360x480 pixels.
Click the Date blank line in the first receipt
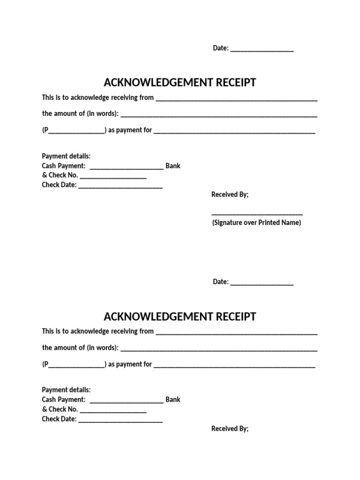tap(262, 49)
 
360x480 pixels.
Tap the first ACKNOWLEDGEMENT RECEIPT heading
tap(180, 83)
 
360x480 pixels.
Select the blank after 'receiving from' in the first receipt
tap(236, 99)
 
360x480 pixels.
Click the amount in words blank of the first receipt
tap(219, 115)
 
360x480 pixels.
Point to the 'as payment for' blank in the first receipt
tap(234, 132)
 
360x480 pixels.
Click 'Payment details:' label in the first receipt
tap(66, 156)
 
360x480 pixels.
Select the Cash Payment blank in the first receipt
tap(126, 167)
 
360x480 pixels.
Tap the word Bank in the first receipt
tap(173, 166)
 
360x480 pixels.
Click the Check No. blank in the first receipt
tap(113, 177)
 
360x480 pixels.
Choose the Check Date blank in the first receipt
tap(120, 187)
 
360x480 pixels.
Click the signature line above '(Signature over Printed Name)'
tap(257, 214)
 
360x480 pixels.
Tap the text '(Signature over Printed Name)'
tap(256, 223)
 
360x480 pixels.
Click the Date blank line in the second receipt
tap(262, 283)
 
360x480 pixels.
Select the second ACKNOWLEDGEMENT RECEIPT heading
tap(180, 317)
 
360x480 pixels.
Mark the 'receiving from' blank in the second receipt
tap(236, 333)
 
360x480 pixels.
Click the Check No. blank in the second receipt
tap(113, 411)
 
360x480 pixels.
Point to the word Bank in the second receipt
tap(173, 400)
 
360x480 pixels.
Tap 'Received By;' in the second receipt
tap(230, 428)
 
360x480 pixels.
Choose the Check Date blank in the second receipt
tap(120, 421)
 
